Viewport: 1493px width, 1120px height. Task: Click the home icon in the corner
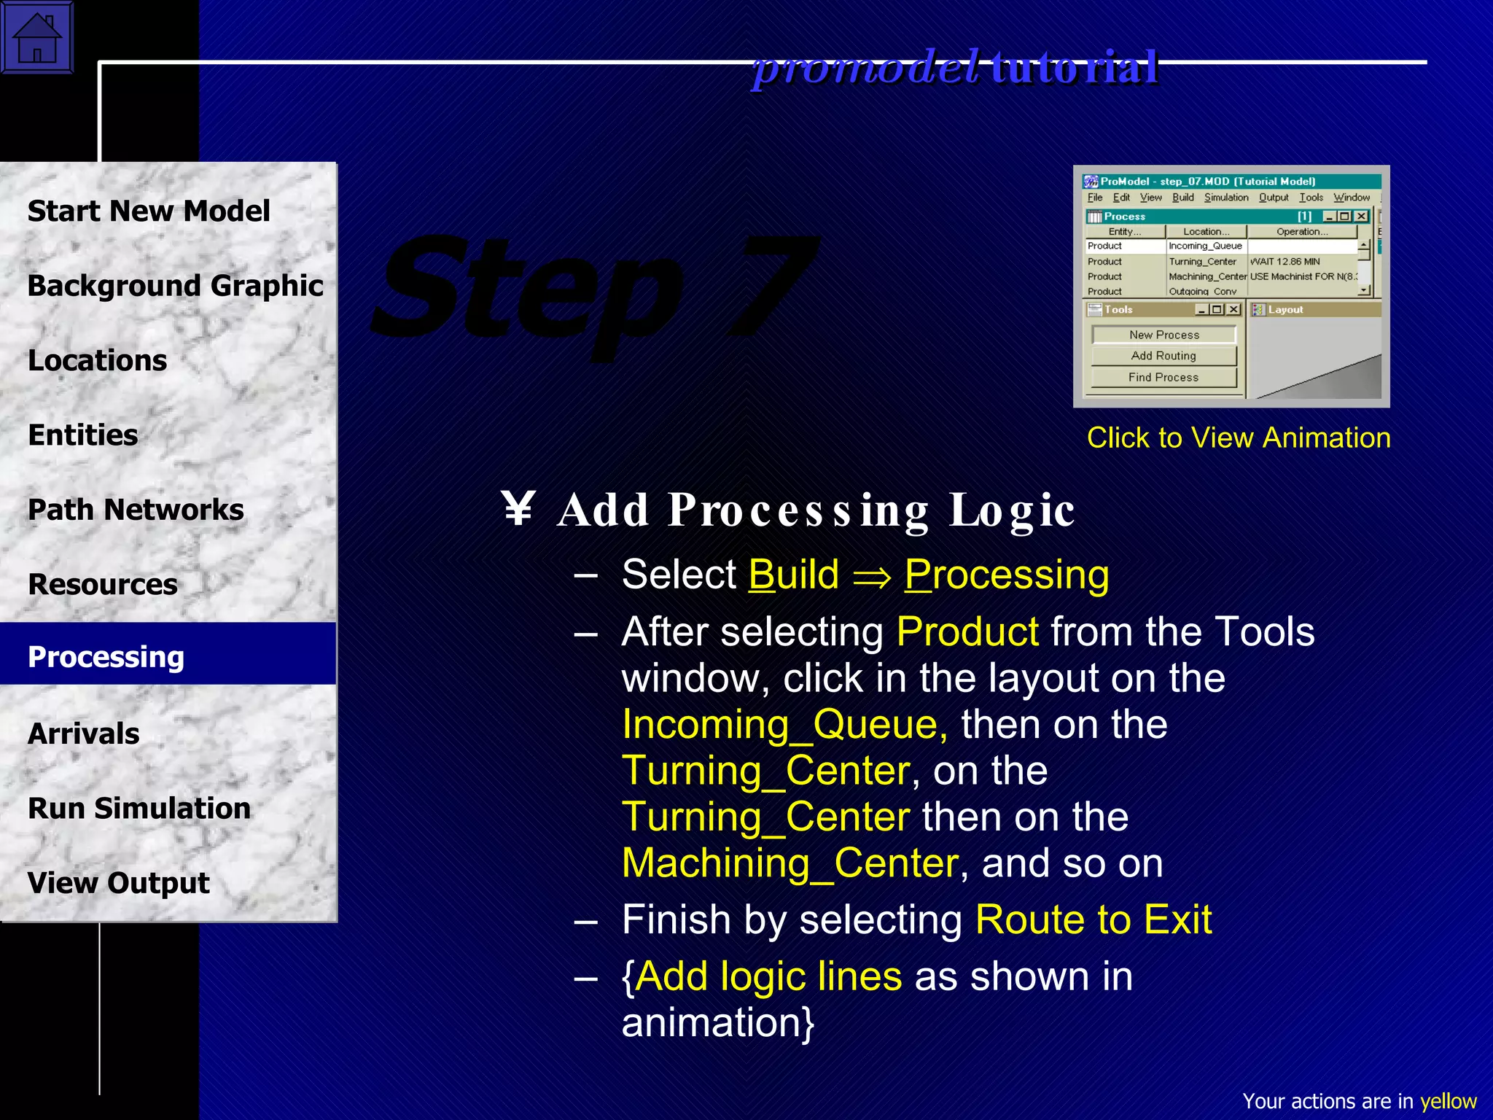pyautogui.click(x=36, y=36)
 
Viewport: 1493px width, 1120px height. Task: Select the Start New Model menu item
pyautogui.click(x=149, y=211)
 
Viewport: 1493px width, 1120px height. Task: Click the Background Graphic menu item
pyautogui.click(x=175, y=286)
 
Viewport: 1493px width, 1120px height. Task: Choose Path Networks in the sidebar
pyautogui.click(x=136, y=510)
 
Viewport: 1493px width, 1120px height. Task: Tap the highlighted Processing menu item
pyautogui.click(x=106, y=657)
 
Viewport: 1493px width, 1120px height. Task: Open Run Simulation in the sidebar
pyautogui.click(x=139, y=809)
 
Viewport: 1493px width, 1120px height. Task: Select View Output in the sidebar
pyautogui.click(x=118, y=883)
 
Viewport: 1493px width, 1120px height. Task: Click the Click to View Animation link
pyautogui.click(x=1239, y=437)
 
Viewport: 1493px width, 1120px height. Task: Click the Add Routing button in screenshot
pyautogui.click(x=1163, y=356)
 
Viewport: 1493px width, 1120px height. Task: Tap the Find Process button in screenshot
pyautogui.click(x=1163, y=377)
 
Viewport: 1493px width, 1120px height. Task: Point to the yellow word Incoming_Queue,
pyautogui.click(x=784, y=725)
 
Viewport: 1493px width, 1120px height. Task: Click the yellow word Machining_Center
pyautogui.click(x=790, y=863)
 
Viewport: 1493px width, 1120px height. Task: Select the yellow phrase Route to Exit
pyautogui.click(x=1094, y=919)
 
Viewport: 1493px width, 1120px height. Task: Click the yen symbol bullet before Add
pyautogui.click(x=519, y=509)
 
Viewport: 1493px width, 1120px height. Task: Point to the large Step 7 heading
pyautogui.click(x=594, y=292)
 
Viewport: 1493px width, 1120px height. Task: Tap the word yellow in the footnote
pyautogui.click(x=1448, y=1101)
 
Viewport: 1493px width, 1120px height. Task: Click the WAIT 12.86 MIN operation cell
pyautogui.click(x=1285, y=262)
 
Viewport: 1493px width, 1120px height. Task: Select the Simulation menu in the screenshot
pyautogui.click(x=1226, y=198)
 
